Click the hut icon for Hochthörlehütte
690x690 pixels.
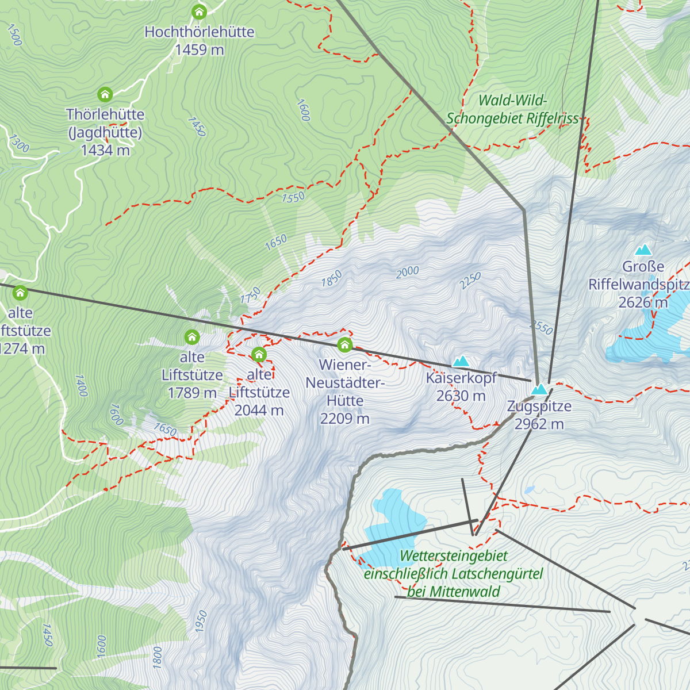point(199,11)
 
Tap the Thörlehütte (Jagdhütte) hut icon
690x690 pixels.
point(105,94)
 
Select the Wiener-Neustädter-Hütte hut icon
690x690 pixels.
point(344,344)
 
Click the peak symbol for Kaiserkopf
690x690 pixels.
point(461,361)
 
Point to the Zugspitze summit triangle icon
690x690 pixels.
point(539,389)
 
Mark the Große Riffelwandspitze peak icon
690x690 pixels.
point(643,250)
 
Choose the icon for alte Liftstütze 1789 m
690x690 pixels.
point(191,336)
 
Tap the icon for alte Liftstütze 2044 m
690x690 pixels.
point(259,354)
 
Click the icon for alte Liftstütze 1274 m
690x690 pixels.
point(20,293)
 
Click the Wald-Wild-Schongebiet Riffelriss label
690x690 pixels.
point(513,109)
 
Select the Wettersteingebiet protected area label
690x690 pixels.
point(454,574)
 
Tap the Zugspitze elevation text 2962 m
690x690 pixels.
point(539,424)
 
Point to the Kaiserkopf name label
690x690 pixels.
point(461,378)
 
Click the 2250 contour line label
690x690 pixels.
point(470,281)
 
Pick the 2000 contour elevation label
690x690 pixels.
point(407,272)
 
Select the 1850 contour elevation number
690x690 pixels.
point(331,279)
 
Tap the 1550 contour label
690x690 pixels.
point(293,197)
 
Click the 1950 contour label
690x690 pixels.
point(201,622)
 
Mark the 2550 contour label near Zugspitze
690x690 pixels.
point(540,328)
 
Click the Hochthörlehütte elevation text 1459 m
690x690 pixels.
point(199,50)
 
